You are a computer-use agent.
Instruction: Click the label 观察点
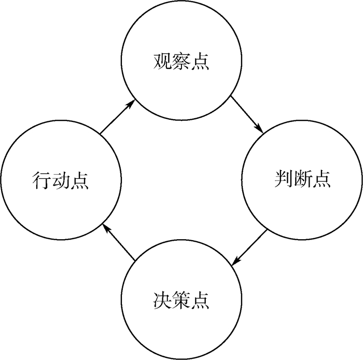[181, 61]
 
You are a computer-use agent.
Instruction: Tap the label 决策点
[181, 299]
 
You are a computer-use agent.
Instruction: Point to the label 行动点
[60, 181]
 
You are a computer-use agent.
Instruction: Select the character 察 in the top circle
[181, 61]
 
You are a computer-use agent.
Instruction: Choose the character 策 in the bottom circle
[181, 299]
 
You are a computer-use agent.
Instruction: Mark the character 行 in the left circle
[41, 181]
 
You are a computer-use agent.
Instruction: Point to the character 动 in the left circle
[60, 181]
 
